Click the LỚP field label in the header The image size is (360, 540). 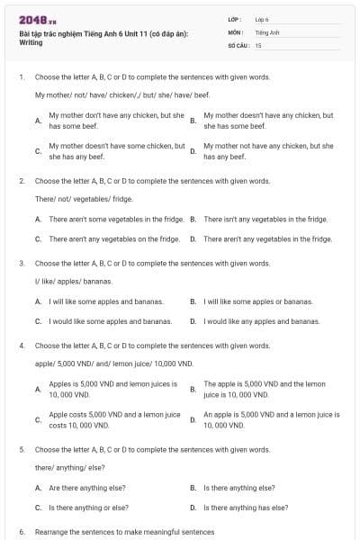234,19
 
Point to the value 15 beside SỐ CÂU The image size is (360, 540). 258,44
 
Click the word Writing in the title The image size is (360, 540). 31,42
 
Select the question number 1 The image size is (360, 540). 21,77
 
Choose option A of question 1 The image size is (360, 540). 112,121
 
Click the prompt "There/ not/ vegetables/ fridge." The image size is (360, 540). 84,198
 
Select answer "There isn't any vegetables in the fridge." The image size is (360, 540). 265,219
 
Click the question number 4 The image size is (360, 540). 21,345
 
